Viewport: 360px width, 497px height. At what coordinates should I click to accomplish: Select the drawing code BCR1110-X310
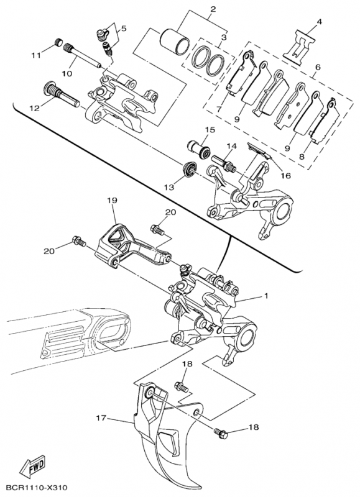point(37,487)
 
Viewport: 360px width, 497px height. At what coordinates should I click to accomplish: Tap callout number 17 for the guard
point(101,418)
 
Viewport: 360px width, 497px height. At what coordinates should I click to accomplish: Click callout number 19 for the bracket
point(113,200)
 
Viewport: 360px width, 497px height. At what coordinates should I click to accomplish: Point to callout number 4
point(319,22)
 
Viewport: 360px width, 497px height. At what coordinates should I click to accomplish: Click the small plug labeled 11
point(58,42)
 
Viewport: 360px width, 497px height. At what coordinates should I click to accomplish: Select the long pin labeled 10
point(83,56)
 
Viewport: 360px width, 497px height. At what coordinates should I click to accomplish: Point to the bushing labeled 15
point(198,148)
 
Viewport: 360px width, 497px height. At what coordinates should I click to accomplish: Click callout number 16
point(286,175)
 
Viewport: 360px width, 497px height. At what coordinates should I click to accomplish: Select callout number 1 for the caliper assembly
point(265,296)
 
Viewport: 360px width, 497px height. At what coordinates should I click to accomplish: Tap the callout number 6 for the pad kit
point(318,67)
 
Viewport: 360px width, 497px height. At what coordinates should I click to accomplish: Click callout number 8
point(302,157)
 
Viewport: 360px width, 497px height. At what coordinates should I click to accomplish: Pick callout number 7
point(218,110)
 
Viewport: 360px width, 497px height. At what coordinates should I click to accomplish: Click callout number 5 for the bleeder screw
point(123,29)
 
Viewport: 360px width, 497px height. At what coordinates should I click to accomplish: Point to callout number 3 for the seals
point(224,37)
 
